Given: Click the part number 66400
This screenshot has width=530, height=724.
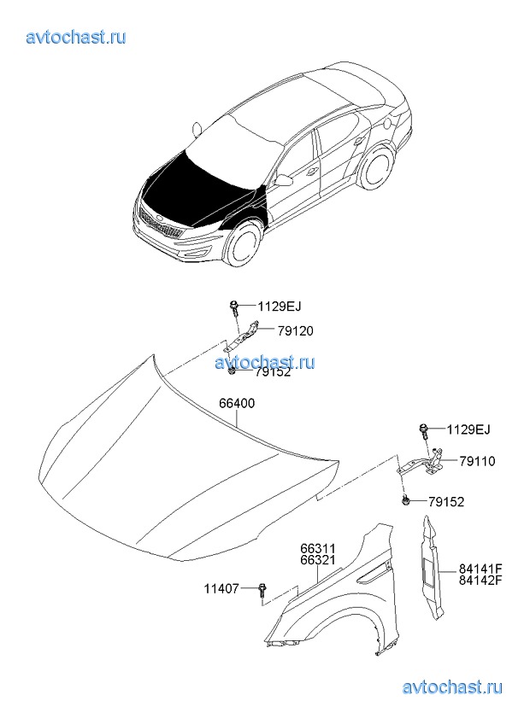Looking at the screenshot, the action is [x=237, y=404].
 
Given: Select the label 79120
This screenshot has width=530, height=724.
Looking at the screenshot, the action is [x=295, y=331].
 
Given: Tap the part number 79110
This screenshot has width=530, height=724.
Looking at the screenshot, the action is [x=477, y=461].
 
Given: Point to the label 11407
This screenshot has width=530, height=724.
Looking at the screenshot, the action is [x=222, y=589].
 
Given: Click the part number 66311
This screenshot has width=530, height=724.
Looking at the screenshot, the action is [x=318, y=548].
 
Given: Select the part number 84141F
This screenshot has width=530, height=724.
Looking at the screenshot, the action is [x=480, y=569].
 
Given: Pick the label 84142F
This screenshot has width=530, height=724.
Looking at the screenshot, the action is [x=480, y=580].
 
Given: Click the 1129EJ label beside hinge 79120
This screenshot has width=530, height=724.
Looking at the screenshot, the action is [x=280, y=306].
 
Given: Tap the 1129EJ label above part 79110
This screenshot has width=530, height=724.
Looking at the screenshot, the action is [x=468, y=429].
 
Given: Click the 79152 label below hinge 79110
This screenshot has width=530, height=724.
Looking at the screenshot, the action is [x=446, y=501].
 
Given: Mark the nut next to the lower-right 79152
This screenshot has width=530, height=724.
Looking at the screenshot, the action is [x=406, y=500].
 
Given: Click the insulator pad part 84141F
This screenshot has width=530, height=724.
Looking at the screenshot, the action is [x=433, y=568].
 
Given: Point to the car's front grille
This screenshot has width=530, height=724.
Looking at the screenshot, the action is [x=159, y=222].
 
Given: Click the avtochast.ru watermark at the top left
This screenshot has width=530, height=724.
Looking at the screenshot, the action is [x=76, y=37].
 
